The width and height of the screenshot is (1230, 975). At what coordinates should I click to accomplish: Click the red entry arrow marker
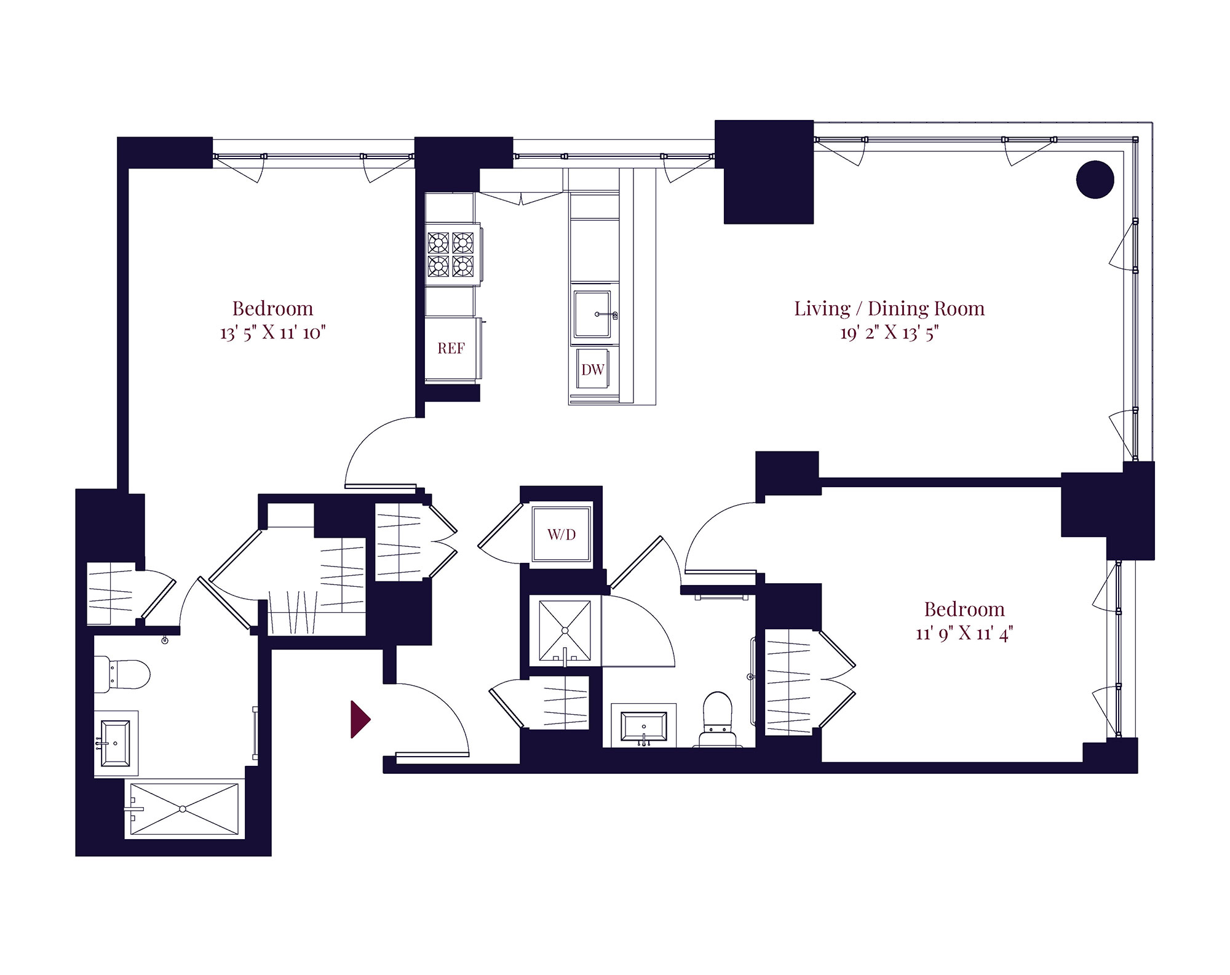click(x=360, y=718)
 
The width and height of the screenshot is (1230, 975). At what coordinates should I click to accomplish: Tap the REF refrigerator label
click(x=451, y=348)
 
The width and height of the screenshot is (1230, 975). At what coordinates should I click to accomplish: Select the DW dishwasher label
click(x=593, y=370)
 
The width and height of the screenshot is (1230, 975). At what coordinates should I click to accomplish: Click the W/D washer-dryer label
click(x=561, y=535)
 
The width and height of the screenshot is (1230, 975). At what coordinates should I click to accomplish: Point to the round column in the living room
click(x=1095, y=180)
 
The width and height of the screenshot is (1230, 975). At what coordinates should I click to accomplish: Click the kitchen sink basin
click(x=592, y=314)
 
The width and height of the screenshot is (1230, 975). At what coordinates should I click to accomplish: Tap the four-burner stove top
click(x=451, y=254)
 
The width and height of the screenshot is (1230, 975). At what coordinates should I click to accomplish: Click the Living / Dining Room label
click(x=889, y=308)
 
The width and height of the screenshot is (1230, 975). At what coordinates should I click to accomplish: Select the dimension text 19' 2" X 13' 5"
click(x=889, y=333)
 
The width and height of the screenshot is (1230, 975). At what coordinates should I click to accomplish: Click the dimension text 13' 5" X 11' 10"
click(x=272, y=333)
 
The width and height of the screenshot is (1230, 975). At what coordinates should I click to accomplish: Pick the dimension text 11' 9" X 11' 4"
click(x=964, y=633)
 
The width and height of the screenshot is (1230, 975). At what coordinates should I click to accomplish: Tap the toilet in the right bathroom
click(x=718, y=719)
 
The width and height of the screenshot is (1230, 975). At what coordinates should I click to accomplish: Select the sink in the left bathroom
click(x=116, y=744)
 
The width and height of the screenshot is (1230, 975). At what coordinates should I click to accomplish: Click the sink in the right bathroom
click(x=643, y=726)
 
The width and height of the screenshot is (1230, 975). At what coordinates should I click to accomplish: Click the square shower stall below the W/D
click(x=565, y=631)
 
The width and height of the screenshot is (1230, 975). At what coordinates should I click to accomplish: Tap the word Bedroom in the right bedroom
click(x=964, y=609)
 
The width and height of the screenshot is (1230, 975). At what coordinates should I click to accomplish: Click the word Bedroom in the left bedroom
click(x=272, y=308)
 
